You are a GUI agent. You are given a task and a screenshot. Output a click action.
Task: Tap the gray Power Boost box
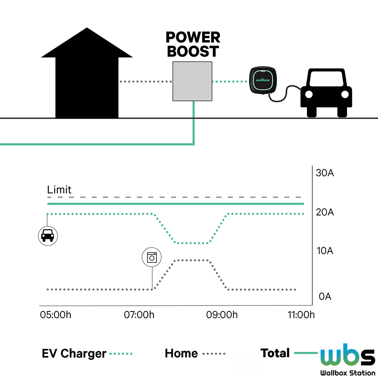(193, 81)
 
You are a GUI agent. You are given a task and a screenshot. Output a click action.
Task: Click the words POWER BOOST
(193, 44)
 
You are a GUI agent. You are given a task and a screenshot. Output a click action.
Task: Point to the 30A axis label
(325, 174)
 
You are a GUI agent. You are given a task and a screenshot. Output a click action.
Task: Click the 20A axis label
(325, 212)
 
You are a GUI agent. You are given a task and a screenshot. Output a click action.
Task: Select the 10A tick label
(325, 251)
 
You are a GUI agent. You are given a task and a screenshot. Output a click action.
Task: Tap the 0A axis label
(325, 296)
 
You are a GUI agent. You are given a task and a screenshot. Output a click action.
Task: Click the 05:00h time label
(56, 315)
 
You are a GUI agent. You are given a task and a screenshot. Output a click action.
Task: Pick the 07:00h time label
(139, 315)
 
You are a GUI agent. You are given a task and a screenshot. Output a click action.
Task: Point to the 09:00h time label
(222, 315)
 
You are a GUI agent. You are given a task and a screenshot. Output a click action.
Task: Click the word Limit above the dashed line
(59, 190)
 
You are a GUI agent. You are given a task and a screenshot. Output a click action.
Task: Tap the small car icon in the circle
(47, 235)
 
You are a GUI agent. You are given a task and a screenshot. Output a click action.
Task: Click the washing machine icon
(152, 257)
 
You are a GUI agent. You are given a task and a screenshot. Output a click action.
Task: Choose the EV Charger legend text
(74, 354)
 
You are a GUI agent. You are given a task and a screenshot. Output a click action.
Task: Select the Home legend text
(181, 354)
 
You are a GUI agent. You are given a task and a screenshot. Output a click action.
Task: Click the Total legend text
(275, 353)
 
